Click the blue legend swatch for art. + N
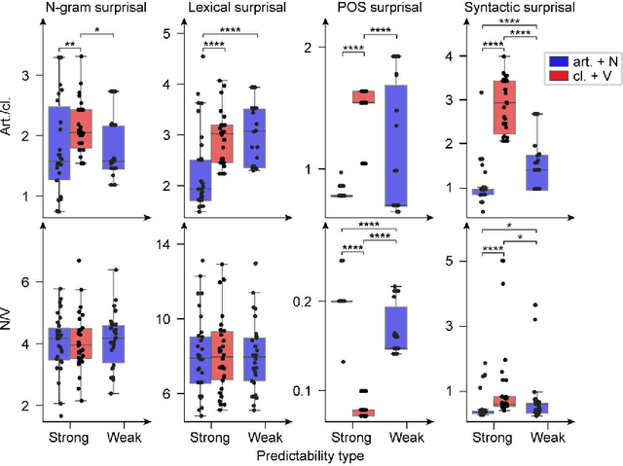[x=557, y=60]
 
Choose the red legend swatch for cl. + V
[x=557, y=76]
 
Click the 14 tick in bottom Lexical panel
[x=167, y=244]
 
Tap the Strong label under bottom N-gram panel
[x=69, y=437]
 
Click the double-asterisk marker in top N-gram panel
[x=71, y=45]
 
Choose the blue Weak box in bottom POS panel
[x=395, y=327]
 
